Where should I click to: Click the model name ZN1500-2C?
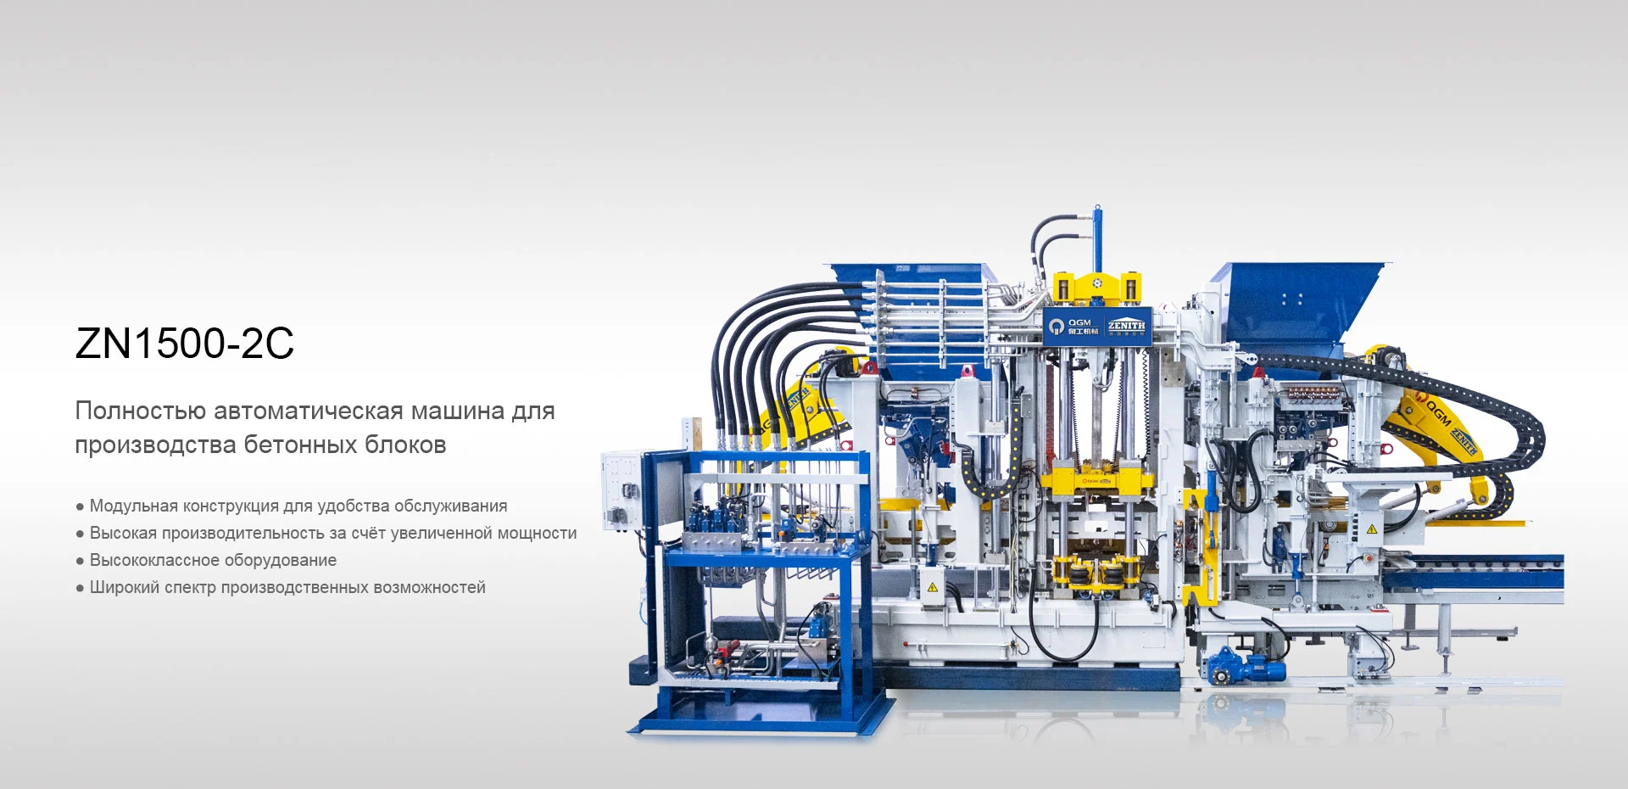pyautogui.click(x=185, y=344)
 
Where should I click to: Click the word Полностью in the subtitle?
pyautogui.click(x=141, y=411)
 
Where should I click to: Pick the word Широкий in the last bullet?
pyautogui.click(x=125, y=588)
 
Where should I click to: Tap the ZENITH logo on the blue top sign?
pyautogui.click(x=1126, y=326)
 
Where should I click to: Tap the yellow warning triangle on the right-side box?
pyautogui.click(x=1371, y=529)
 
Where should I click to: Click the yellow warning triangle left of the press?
pyautogui.click(x=932, y=587)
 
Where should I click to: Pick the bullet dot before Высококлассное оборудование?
pyautogui.click(x=80, y=562)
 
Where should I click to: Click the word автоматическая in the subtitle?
pyautogui.click(x=309, y=411)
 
